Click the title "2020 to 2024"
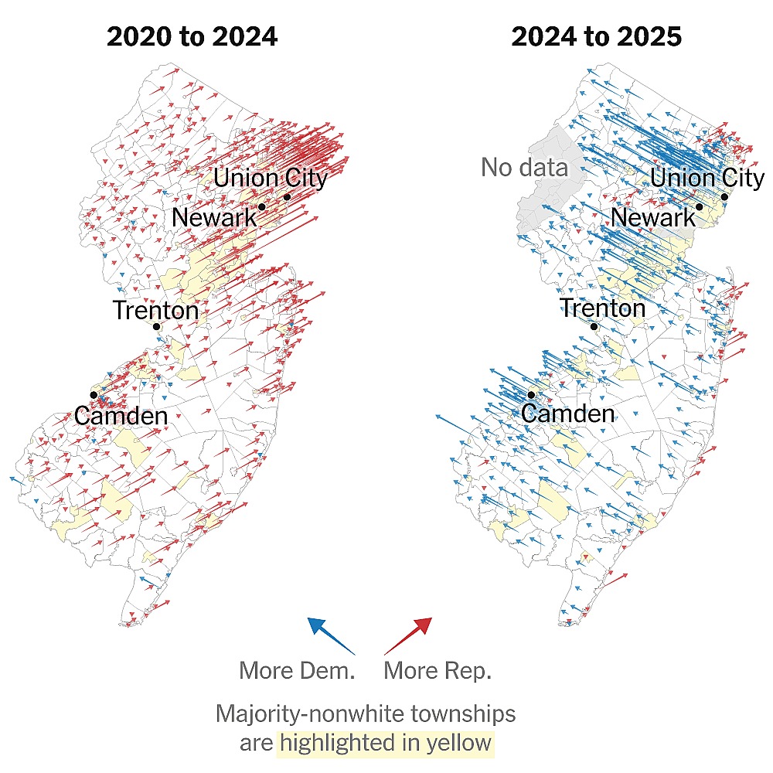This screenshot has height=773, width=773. click(x=192, y=36)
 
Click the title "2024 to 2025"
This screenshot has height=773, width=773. click(x=597, y=36)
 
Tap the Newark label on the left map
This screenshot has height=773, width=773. click(x=214, y=217)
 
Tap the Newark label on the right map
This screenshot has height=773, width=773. click(x=653, y=217)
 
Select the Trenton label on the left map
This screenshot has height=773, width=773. click(x=155, y=311)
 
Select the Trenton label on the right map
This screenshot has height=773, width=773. click(x=602, y=308)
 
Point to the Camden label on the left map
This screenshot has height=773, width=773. click(x=121, y=416)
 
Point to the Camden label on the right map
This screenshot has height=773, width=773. click(x=567, y=413)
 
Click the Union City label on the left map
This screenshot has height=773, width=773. click(x=271, y=178)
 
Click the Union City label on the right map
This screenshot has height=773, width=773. click(x=707, y=178)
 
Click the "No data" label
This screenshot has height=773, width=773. click(x=524, y=167)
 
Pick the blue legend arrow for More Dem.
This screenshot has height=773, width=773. click(x=331, y=636)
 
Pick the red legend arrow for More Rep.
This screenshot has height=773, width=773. click(x=408, y=636)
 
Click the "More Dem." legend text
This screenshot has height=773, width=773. click(x=297, y=670)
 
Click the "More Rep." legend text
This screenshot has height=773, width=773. click(x=438, y=670)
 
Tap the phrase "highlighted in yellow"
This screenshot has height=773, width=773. click(x=386, y=744)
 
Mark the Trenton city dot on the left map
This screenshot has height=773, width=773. click(x=156, y=326)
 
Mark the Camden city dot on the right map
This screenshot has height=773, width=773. click(x=532, y=395)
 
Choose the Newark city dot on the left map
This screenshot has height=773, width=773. click(x=262, y=206)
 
